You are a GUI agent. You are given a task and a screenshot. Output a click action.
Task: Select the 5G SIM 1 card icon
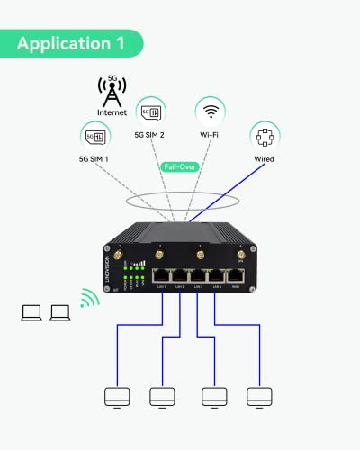tap(95, 137)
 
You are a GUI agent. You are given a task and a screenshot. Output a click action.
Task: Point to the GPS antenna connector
tap(240, 257)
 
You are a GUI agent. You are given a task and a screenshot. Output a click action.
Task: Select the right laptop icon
tap(61, 313)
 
